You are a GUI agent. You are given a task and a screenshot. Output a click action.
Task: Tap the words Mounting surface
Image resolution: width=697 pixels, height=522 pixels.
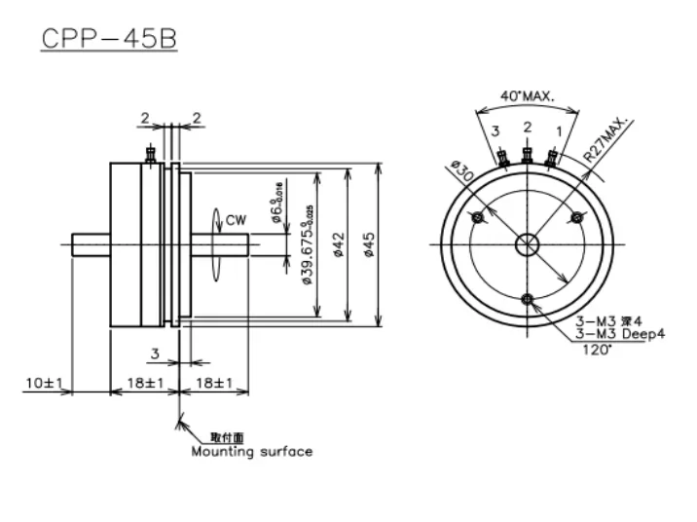point(252,451)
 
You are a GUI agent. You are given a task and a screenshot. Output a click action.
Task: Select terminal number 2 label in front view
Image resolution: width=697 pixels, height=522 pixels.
point(527,127)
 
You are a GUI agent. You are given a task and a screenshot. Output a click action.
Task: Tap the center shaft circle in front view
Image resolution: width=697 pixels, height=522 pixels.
point(527,244)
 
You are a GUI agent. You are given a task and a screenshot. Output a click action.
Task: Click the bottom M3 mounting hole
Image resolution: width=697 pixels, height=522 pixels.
point(527,298)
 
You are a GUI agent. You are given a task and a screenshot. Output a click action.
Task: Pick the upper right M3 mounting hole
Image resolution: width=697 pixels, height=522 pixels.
point(575,217)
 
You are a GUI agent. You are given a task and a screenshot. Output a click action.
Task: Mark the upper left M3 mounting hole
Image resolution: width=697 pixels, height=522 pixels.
point(478,217)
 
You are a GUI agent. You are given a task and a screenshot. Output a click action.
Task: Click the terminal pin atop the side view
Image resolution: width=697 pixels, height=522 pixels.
point(150,153)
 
